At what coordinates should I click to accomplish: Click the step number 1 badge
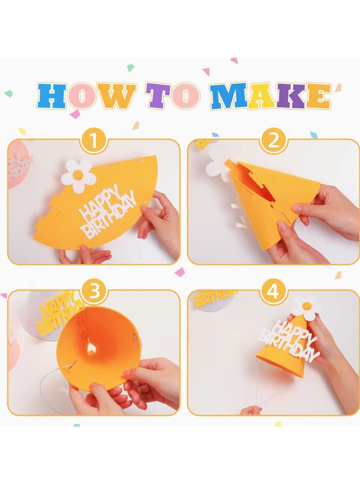tap(94, 142)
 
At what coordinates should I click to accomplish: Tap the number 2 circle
tap(274, 142)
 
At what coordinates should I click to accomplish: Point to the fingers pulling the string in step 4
tap(251, 410)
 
